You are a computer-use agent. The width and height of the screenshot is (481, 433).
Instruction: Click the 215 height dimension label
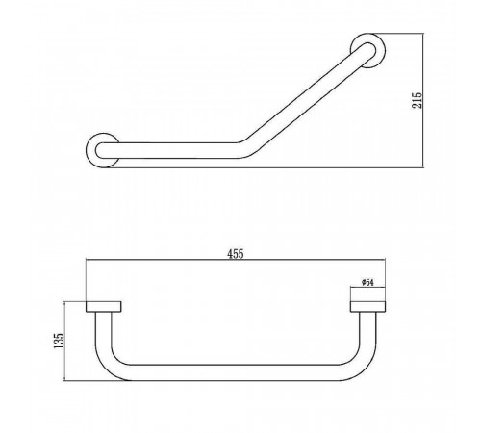coord(417,100)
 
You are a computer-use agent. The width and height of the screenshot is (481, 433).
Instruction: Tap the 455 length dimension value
coord(236,254)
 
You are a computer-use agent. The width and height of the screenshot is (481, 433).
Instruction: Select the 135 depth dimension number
coord(59,341)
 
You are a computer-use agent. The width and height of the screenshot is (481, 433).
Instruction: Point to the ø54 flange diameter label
coord(367,282)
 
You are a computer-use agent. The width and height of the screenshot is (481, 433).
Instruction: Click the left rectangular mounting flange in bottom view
coord(104,306)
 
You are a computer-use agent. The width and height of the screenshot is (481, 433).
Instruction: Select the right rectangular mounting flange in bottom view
coord(367,306)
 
